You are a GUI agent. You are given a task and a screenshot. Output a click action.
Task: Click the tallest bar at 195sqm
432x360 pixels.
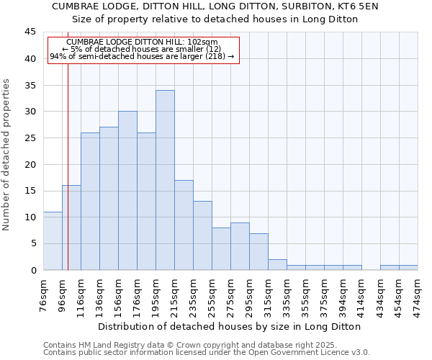tap(165, 180)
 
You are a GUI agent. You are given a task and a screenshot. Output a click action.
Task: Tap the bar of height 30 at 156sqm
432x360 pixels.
tap(127, 191)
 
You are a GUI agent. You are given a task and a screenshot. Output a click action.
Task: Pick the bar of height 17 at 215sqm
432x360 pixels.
tap(184, 225)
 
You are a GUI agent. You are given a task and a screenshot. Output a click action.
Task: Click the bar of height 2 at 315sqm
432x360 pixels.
tap(277, 264)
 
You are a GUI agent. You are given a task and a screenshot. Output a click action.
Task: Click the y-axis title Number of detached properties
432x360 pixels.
tap(7, 155)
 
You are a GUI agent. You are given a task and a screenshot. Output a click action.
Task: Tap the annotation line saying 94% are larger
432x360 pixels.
tap(142, 56)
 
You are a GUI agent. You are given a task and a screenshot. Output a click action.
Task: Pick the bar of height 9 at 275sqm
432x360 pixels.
tap(240, 246)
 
